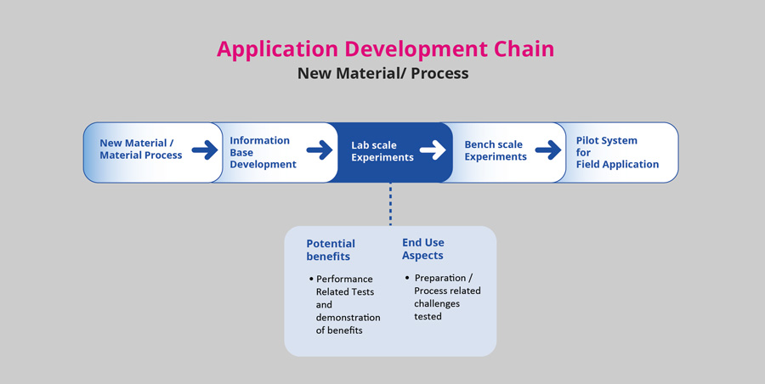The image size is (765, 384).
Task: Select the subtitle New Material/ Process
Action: (383, 73)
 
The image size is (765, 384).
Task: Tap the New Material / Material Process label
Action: (141, 149)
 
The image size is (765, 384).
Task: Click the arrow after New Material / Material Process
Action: (205, 150)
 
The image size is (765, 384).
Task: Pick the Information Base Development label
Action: (263, 152)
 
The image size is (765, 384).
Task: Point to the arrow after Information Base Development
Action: (320, 150)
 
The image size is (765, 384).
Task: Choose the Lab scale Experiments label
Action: (382, 151)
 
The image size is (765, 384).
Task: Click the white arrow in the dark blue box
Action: (433, 150)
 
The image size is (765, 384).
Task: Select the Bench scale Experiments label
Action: (496, 150)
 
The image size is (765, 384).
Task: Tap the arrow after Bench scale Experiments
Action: (548, 150)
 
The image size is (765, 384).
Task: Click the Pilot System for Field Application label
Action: (617, 152)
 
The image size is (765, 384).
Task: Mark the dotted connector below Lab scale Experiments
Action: (390, 204)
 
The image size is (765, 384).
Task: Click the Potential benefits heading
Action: (331, 250)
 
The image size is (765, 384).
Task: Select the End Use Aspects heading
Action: (423, 249)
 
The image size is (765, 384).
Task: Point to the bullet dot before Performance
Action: (311, 280)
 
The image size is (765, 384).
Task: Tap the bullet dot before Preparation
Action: (407, 278)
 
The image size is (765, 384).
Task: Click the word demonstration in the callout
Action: (348, 317)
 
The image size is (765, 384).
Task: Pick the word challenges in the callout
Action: (437, 303)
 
